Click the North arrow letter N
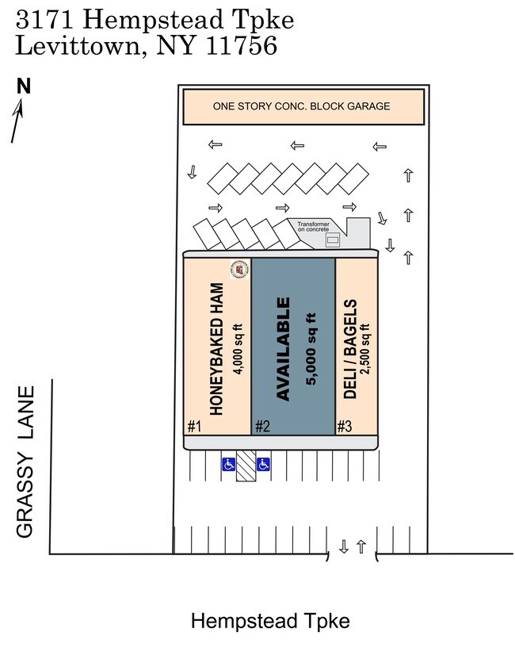coord(24,86)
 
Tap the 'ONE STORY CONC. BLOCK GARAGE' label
coord(301,106)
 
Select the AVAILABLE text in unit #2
coord(283,348)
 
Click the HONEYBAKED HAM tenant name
coord(216,349)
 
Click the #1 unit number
coord(195,427)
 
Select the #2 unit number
coord(262,427)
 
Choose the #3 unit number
coord(344,427)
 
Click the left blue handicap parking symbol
coord(228,464)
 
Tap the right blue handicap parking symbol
coord(263,464)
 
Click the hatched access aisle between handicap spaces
coord(246,467)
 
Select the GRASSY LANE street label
coord(26,462)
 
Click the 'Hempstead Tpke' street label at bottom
coord(270,621)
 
